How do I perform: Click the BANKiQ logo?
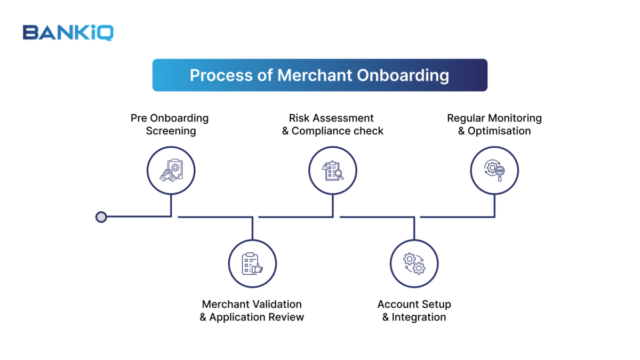pyautogui.click(x=68, y=33)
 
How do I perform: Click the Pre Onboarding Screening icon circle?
pyautogui.click(x=171, y=171)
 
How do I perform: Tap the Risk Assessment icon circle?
pyautogui.click(x=333, y=171)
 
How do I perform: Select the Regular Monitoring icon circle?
pyautogui.click(x=494, y=171)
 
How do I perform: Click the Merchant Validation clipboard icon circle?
pyautogui.click(x=252, y=263)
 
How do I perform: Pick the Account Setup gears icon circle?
pyautogui.click(x=414, y=263)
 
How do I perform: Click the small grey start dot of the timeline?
pyautogui.click(x=101, y=217)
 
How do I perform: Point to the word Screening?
pyautogui.click(x=171, y=131)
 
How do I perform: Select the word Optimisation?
pyautogui.click(x=499, y=131)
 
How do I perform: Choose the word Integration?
pyautogui.click(x=419, y=317)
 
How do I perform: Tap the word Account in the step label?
pyautogui.click(x=398, y=305)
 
